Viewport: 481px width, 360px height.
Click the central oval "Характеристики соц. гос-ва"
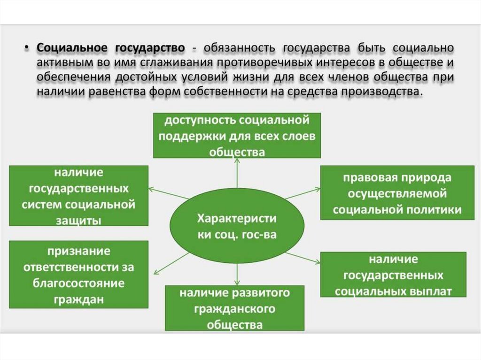coord(236,226)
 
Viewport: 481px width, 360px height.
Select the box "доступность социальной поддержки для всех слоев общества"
coord(237,135)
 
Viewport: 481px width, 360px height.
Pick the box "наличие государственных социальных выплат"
coord(393,275)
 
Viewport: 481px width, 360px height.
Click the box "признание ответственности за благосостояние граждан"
coord(78,275)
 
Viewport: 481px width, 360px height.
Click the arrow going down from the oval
coord(237,273)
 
